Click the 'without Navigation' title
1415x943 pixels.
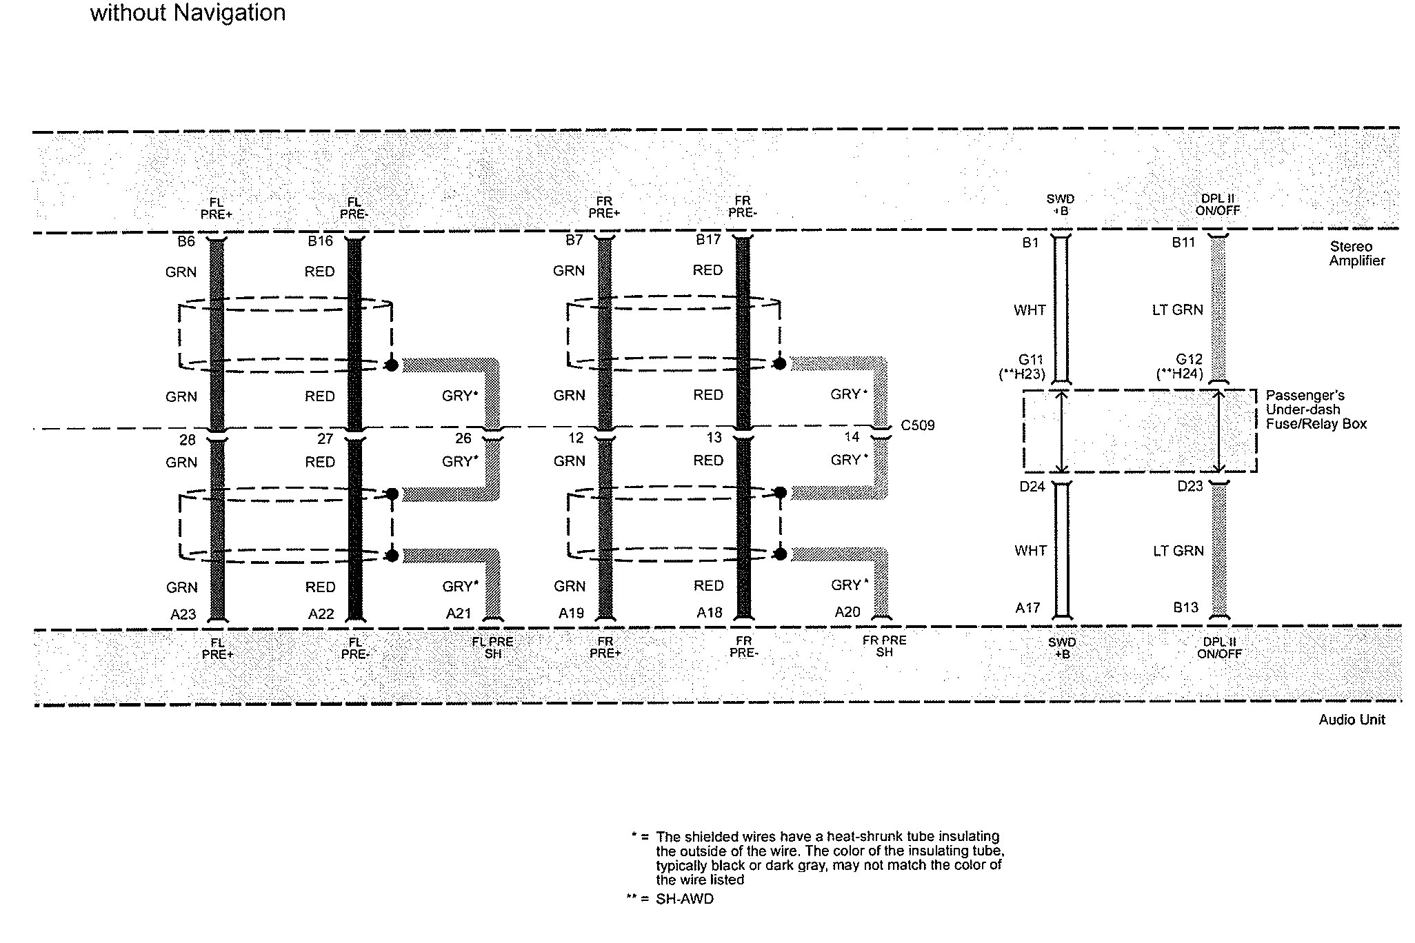tap(188, 12)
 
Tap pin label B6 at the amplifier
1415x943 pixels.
tap(186, 241)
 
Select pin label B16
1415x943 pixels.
tap(321, 241)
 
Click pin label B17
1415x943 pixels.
tap(708, 240)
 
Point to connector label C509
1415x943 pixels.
tap(918, 425)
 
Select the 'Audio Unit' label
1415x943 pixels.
tap(1352, 720)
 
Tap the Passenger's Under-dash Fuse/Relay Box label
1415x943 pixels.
tap(1316, 409)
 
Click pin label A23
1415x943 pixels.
tap(183, 614)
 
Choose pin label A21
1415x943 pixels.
tap(459, 614)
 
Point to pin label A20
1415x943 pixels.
tap(847, 612)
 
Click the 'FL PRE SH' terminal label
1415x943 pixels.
tap(492, 647)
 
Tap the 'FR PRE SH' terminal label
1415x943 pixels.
tap(885, 646)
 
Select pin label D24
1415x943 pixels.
tap(1032, 487)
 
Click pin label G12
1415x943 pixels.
tap(1189, 359)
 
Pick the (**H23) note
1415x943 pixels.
tap(1022, 374)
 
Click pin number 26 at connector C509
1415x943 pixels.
tap(463, 438)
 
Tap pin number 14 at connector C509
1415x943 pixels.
tap(852, 437)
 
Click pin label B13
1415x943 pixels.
tap(1186, 607)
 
